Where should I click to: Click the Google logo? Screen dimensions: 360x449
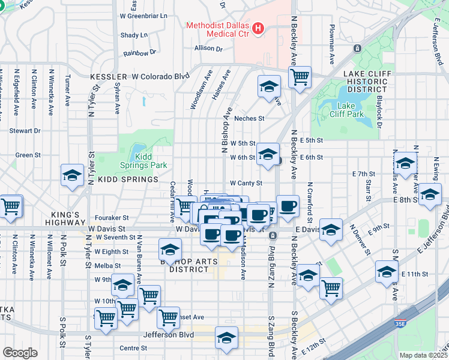click(x=20, y=352)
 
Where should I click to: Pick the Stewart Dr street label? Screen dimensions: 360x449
click(x=25, y=130)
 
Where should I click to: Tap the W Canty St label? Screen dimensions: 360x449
click(x=246, y=183)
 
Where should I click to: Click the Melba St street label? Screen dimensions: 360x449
click(x=107, y=265)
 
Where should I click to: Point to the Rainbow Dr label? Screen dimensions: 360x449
click(x=139, y=53)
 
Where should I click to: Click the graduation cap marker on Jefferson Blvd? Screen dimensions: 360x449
click(x=226, y=338)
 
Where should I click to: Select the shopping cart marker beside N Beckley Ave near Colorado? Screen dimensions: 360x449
click(x=299, y=77)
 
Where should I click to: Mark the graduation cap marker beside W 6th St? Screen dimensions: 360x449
click(x=268, y=154)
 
